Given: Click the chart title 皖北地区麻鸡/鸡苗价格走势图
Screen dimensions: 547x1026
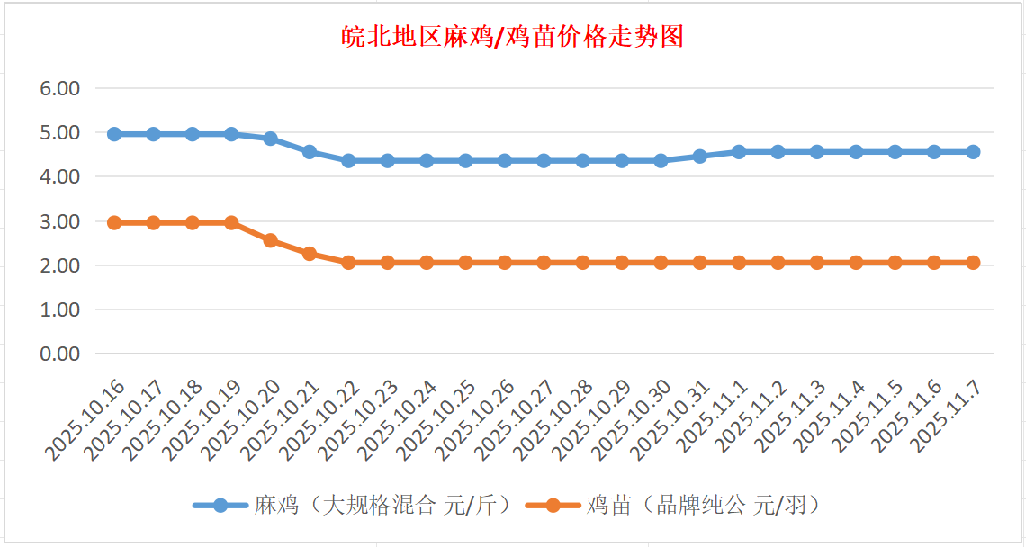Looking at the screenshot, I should click(x=513, y=37).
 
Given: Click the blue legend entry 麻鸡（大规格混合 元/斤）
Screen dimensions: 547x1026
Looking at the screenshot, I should click(x=355, y=505).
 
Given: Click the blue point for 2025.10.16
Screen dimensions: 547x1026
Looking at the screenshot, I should click(x=114, y=134).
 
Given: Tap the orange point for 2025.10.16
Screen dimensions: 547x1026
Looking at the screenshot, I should click(x=114, y=222).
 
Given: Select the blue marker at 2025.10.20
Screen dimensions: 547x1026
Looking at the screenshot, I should click(x=271, y=139).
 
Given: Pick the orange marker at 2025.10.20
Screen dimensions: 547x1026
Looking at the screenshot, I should click(x=271, y=240).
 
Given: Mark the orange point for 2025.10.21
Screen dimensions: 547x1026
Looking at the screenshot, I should click(x=310, y=254).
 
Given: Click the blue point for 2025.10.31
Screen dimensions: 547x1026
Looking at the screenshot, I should click(x=700, y=157).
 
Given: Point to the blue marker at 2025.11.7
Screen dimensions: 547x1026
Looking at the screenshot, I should click(x=973, y=152).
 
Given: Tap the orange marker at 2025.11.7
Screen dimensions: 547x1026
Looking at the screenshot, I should click(x=973, y=263).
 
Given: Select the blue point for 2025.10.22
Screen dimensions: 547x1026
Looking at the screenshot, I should click(x=348, y=161).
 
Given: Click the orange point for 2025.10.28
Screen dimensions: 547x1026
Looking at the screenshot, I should click(x=583, y=263).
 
